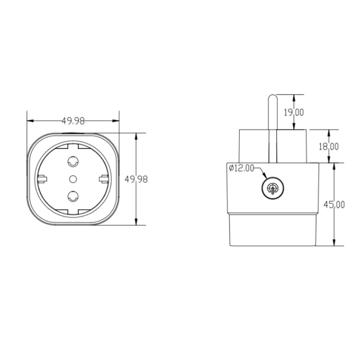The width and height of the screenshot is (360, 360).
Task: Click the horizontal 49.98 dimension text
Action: (73, 121)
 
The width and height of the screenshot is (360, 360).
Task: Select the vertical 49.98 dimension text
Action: (136, 179)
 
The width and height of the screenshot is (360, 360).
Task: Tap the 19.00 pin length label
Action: (293, 112)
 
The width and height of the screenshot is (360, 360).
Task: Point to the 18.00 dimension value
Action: (329, 147)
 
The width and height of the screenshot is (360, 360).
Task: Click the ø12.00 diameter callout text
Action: (241, 168)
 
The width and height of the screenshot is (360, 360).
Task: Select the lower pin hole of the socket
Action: (73, 196)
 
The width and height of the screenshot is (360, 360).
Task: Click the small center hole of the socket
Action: (73, 179)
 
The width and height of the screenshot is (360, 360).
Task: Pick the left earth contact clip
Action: (41, 179)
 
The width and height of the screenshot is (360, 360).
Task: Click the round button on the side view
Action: (273, 188)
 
